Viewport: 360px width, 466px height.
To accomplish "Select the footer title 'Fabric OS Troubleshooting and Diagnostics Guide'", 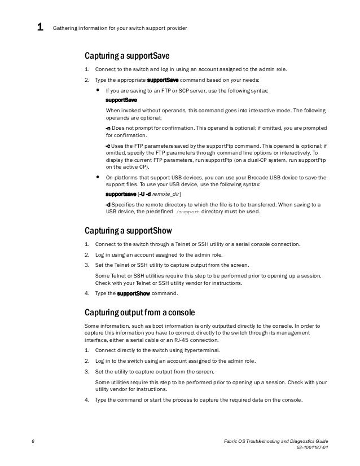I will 275,439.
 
